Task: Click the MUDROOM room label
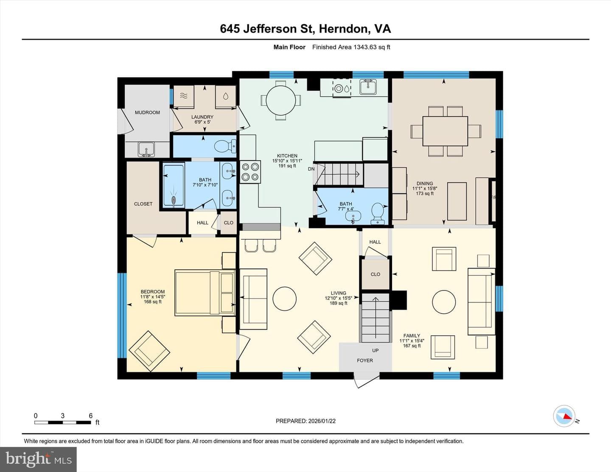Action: (147, 112)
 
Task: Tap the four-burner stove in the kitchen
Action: (250, 172)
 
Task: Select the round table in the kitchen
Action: (281, 101)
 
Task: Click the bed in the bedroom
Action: (205, 293)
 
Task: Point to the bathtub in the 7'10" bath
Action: (174, 186)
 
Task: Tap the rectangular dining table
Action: (445, 131)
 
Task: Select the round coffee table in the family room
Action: (444, 302)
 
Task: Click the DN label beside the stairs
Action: (311, 169)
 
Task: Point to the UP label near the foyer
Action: (376, 350)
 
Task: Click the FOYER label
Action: (364, 360)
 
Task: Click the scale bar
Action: (62, 422)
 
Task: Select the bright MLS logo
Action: (38, 460)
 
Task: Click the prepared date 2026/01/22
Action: (322, 421)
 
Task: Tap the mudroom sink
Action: (146, 149)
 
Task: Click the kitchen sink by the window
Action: (368, 87)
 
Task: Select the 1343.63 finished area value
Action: (365, 47)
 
